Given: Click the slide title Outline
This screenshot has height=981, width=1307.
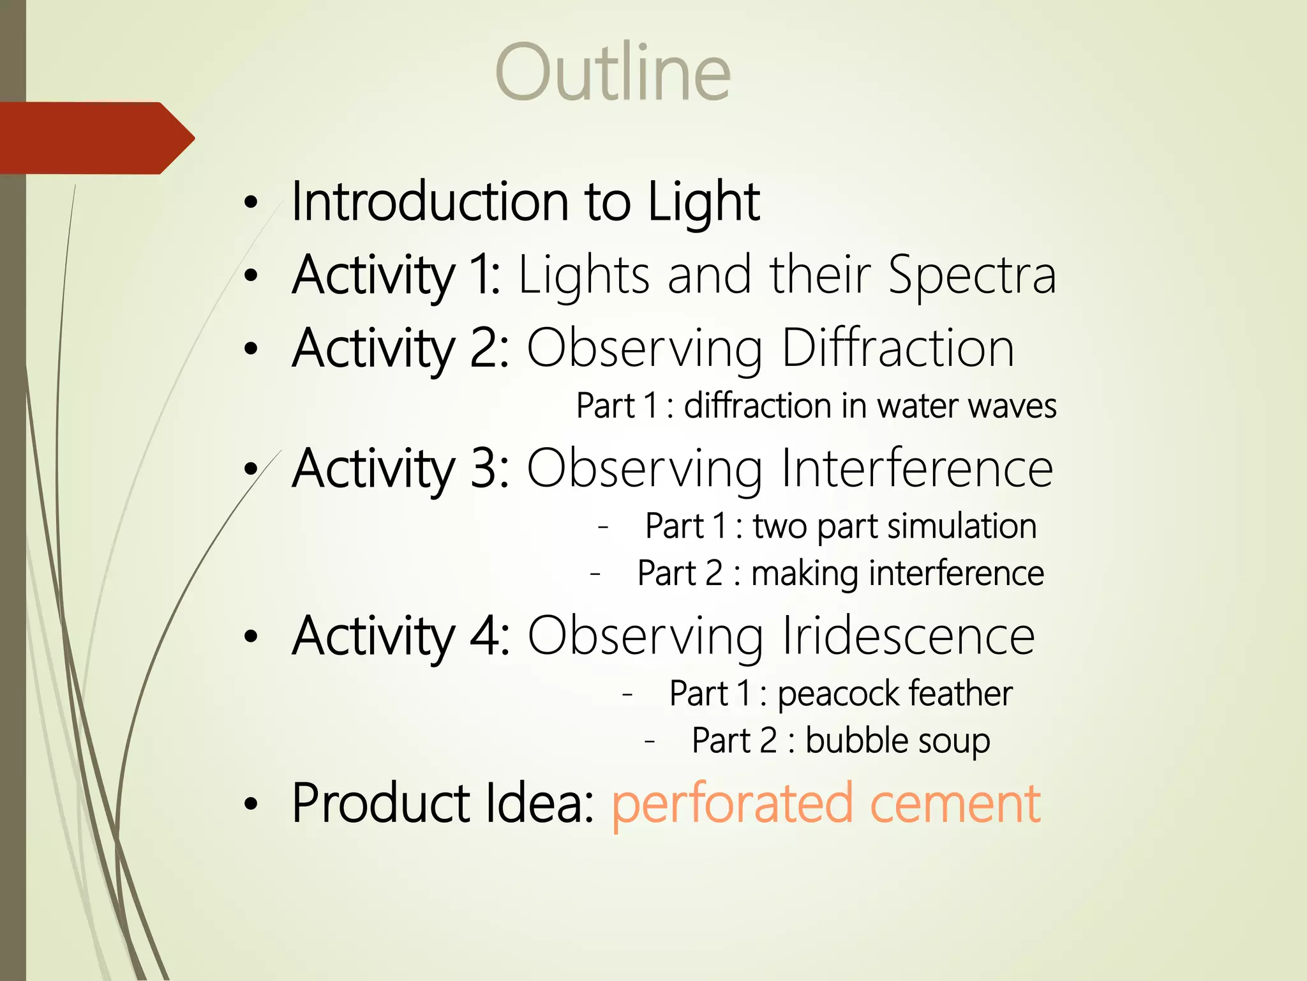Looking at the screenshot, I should click(x=613, y=72).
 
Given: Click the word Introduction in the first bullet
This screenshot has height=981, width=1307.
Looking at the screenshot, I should click(x=429, y=202).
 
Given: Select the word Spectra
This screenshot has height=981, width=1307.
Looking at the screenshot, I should click(x=973, y=276).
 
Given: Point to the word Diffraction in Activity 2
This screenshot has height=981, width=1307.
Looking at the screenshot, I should click(x=897, y=349).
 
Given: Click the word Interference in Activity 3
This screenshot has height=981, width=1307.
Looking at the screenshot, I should click(x=916, y=469).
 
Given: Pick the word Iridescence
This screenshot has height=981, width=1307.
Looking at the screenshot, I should click(x=908, y=636).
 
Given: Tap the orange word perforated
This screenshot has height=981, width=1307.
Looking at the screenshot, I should click(x=732, y=805).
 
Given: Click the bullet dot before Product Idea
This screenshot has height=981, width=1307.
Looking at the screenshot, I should click(x=251, y=805).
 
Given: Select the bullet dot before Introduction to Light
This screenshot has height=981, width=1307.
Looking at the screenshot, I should click(x=251, y=203).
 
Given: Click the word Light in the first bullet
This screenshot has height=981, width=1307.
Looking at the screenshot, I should click(x=703, y=202).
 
